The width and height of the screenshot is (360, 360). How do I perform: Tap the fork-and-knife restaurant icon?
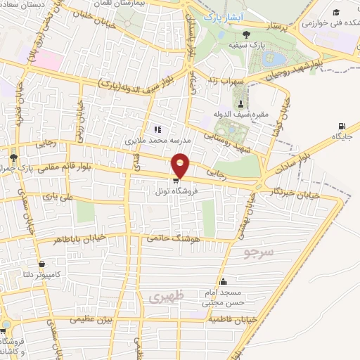[x=157, y=129]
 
